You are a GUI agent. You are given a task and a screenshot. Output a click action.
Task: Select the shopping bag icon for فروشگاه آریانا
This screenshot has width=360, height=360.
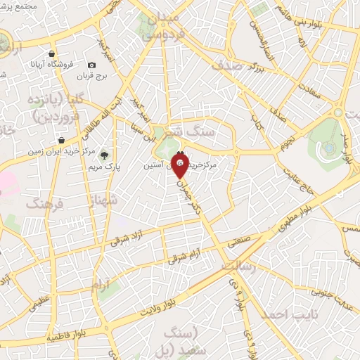click(x=52, y=53)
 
